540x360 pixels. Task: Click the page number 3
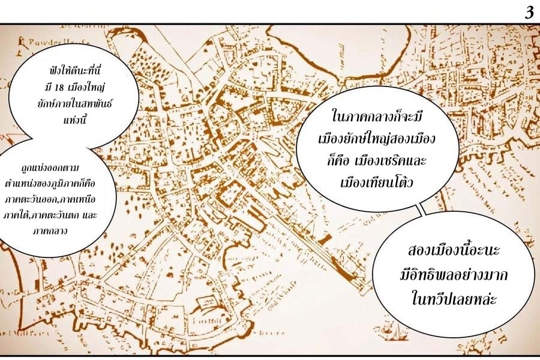click(529, 13)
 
